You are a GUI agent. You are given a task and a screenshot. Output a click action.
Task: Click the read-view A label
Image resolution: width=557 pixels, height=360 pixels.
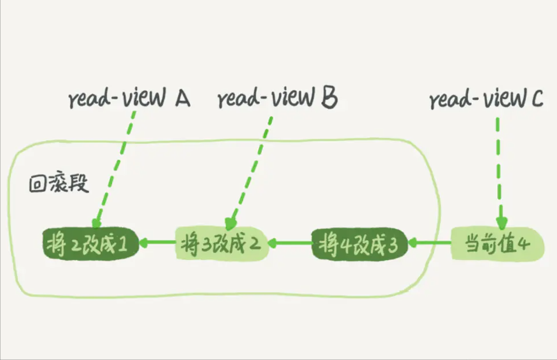[129, 99]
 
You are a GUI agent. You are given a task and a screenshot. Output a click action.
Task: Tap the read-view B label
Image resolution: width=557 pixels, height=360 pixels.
[277, 99]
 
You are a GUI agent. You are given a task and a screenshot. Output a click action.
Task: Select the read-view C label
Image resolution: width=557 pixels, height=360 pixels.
[486, 99]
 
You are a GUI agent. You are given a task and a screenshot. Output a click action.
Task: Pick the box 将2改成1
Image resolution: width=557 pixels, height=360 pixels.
[90, 243]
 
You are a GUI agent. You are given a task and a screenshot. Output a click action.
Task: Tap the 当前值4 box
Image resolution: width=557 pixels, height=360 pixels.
[496, 244]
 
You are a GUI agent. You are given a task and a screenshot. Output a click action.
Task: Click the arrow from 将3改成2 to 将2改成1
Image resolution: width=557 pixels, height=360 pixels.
[156, 243]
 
